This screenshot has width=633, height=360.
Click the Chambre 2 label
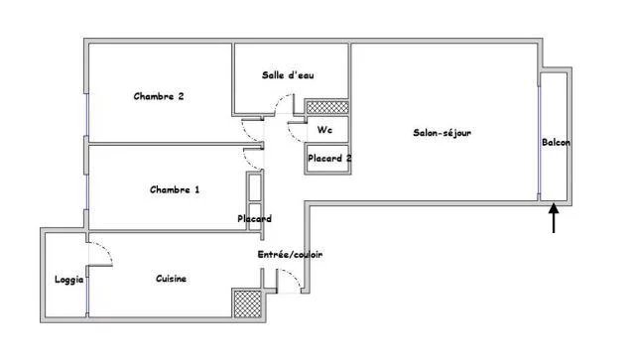159,96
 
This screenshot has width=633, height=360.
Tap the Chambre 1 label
175,189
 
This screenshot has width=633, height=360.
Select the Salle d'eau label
288,75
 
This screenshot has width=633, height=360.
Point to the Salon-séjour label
443,133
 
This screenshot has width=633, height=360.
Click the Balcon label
556,142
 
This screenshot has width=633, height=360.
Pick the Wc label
324,130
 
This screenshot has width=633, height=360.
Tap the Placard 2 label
329,159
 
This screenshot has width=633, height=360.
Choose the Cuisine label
172,279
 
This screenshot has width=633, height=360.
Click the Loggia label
69,280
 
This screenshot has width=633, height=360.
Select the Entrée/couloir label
290,255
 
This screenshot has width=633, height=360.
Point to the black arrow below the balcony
554,218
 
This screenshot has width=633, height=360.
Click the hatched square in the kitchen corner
247,303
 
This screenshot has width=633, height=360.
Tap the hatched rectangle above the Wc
327,107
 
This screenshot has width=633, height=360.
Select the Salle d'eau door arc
280,100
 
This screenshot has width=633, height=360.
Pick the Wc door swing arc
292,134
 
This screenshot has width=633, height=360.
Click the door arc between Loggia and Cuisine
106,250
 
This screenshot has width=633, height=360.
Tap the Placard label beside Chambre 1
254,219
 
